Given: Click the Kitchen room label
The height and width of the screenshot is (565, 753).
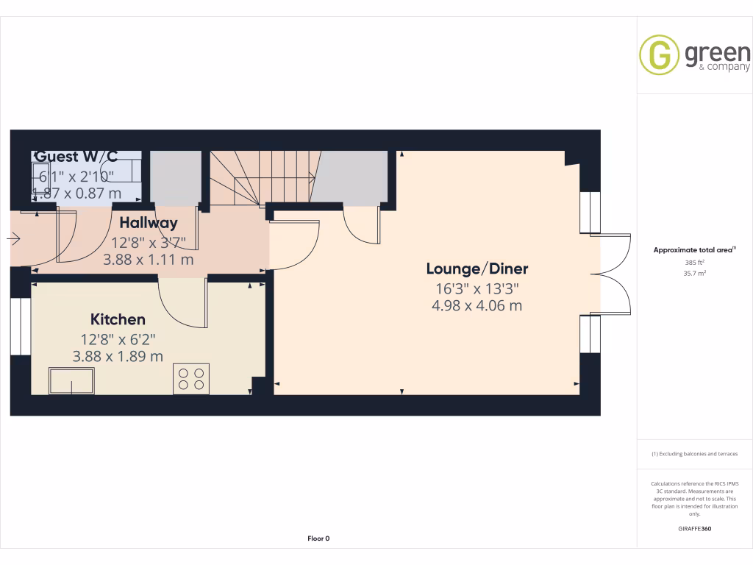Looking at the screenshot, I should (118, 320).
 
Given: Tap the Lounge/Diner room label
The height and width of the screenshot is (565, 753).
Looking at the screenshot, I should (478, 269).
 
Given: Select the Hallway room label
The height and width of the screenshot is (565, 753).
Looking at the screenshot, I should (149, 223).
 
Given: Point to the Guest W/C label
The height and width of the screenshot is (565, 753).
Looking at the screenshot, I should (76, 157).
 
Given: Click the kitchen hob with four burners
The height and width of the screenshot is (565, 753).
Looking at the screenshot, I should (191, 379).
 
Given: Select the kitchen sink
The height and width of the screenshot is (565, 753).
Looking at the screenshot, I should (71, 380).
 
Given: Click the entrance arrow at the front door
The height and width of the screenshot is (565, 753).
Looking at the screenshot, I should (13, 238).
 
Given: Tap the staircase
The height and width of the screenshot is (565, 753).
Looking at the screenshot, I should (261, 177).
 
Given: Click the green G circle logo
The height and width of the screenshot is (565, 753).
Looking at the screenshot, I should (659, 55).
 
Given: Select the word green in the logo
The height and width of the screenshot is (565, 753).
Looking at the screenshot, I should (717, 53).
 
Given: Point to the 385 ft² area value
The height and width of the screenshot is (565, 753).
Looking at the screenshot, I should (695, 262).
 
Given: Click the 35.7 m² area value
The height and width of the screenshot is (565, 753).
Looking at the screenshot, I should (695, 273).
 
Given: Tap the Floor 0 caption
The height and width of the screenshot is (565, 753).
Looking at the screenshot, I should (318, 539).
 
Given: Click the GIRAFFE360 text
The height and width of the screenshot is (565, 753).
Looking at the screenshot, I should (695, 529).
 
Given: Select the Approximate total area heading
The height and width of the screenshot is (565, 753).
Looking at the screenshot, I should (693, 250).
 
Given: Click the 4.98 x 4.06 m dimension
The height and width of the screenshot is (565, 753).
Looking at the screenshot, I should (477, 305).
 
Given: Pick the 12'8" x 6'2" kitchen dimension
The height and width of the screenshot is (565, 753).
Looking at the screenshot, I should (118, 339).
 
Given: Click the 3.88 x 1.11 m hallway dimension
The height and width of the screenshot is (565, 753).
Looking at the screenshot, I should (149, 259).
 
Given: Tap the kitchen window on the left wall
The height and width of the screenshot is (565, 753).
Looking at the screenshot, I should (21, 325).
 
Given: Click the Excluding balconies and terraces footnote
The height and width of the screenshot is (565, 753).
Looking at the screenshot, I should (695, 454).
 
